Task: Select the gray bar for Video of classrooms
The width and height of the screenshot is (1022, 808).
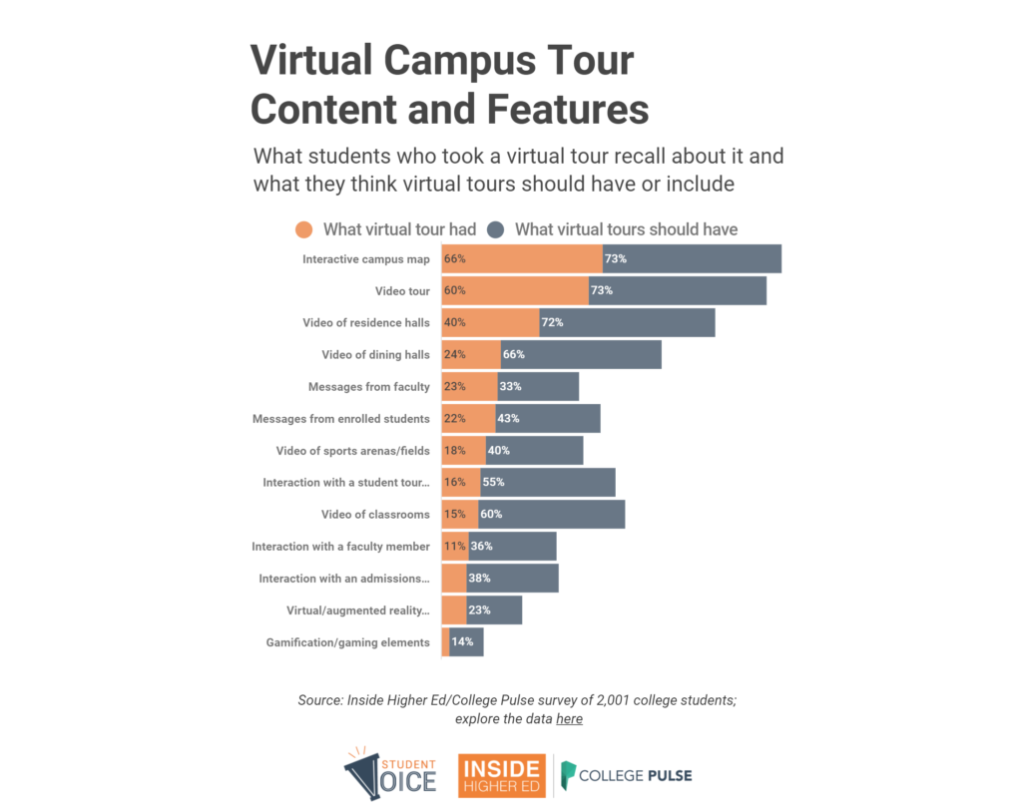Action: pos(559,515)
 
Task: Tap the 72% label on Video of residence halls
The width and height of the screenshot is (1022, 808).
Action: pos(552,323)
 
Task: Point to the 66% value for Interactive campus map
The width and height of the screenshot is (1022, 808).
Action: pos(455,259)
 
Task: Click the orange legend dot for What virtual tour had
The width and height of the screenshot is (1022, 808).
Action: pos(305,230)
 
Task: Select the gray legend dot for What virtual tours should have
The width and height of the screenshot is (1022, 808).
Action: pos(497,230)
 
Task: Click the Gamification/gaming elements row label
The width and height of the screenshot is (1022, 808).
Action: pos(347,642)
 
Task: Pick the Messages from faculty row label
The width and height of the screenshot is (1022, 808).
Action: pos(368,387)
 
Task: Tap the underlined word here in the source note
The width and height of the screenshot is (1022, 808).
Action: pos(569,719)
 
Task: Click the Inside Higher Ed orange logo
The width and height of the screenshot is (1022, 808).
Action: pos(501,775)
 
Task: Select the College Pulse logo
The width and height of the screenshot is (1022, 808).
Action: pos(626,775)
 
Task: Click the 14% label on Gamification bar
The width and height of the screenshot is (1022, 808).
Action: pos(462,642)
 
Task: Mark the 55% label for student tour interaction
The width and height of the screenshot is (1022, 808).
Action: pos(493,483)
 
